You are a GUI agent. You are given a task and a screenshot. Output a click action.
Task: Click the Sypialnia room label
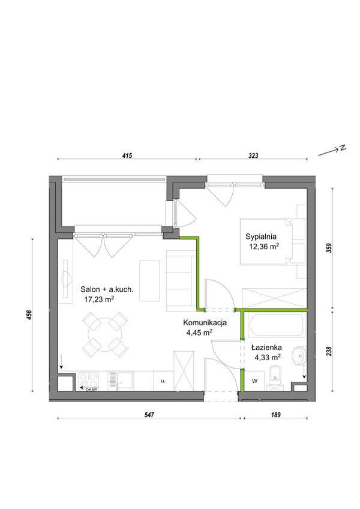pos(261,236)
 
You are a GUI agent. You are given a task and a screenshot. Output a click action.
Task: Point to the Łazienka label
pos(266,348)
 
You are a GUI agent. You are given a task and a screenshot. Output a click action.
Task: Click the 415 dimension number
pos(127,156)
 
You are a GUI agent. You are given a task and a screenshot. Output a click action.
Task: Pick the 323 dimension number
pos(253,156)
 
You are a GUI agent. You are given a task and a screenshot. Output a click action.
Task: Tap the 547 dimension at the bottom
pos(149,415)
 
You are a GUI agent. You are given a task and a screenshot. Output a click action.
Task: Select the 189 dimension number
pos(275,415)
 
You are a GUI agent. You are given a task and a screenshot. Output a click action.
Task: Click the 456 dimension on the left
pos(29,315)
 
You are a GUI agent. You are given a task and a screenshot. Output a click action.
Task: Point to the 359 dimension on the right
pos(330,248)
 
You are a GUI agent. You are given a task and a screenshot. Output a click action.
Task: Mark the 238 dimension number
pos(330,351)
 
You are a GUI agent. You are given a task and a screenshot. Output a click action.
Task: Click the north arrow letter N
pos(343,148)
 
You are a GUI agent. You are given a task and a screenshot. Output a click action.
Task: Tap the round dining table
pos(105,334)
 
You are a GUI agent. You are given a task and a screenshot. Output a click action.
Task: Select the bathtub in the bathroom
pos(276,325)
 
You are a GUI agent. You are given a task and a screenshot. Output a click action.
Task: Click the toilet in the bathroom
pos(275,378)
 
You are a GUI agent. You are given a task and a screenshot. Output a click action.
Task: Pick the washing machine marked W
pos(254,381)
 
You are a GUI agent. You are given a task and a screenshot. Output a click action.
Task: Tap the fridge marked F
pos(164,381)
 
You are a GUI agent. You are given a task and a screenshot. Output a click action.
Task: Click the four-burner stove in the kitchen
pos(89,381)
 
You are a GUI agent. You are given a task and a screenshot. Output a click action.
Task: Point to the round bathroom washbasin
pos(299,355)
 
